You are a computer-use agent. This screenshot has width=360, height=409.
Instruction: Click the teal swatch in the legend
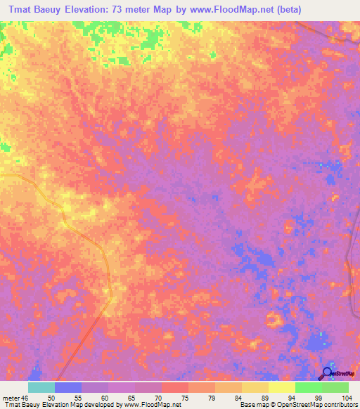[x=41, y=387]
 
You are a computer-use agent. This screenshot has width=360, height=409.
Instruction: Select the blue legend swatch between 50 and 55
[x=67, y=387]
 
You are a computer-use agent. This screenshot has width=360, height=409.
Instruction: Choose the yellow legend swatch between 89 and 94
[x=281, y=387]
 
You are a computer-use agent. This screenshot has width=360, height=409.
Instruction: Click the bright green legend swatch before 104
[x=335, y=387]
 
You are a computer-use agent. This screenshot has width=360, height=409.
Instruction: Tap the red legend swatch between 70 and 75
[x=174, y=387]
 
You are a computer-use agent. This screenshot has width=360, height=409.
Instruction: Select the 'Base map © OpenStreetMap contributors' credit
[x=297, y=405]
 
